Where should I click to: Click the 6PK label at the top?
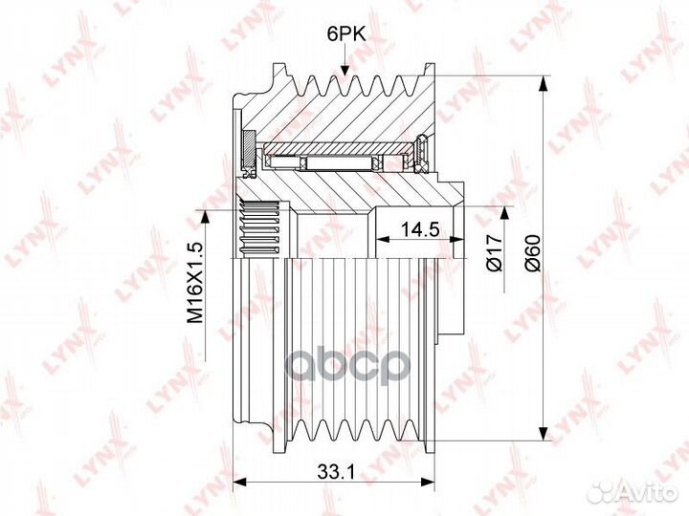click(x=346, y=33)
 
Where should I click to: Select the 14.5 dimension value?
click(x=421, y=228)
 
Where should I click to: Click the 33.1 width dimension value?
click(x=336, y=472)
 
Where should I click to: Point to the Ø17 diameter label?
click(x=495, y=252)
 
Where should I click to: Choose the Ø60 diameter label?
click(x=533, y=253)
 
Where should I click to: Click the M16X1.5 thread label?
click(x=195, y=283)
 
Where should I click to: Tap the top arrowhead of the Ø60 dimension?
click(x=544, y=84)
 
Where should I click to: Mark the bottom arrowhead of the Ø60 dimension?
click(x=544, y=433)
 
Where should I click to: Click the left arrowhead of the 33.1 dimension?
click(x=238, y=482)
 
